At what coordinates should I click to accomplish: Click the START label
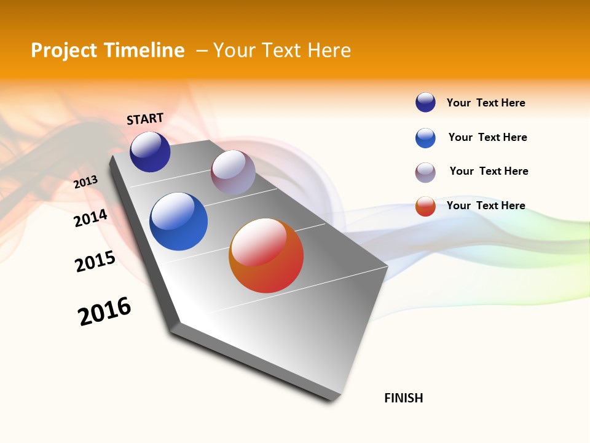145,119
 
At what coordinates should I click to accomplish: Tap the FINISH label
403,398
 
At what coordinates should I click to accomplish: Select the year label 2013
86,182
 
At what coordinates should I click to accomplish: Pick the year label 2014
91,218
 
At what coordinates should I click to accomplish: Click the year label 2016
104,311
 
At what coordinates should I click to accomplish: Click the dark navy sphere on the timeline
150,152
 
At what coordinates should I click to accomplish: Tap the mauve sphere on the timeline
233,172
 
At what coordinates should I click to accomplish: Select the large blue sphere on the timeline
178,221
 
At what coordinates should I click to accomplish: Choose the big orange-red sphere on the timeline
266,255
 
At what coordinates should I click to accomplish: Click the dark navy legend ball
425,103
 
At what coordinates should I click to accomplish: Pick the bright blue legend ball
425,138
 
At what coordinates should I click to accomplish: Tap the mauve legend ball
425,172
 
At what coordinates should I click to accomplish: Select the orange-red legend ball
425,206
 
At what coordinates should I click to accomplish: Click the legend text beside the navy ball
486,103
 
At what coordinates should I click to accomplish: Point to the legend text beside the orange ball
486,206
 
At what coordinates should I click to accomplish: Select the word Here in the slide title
329,50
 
